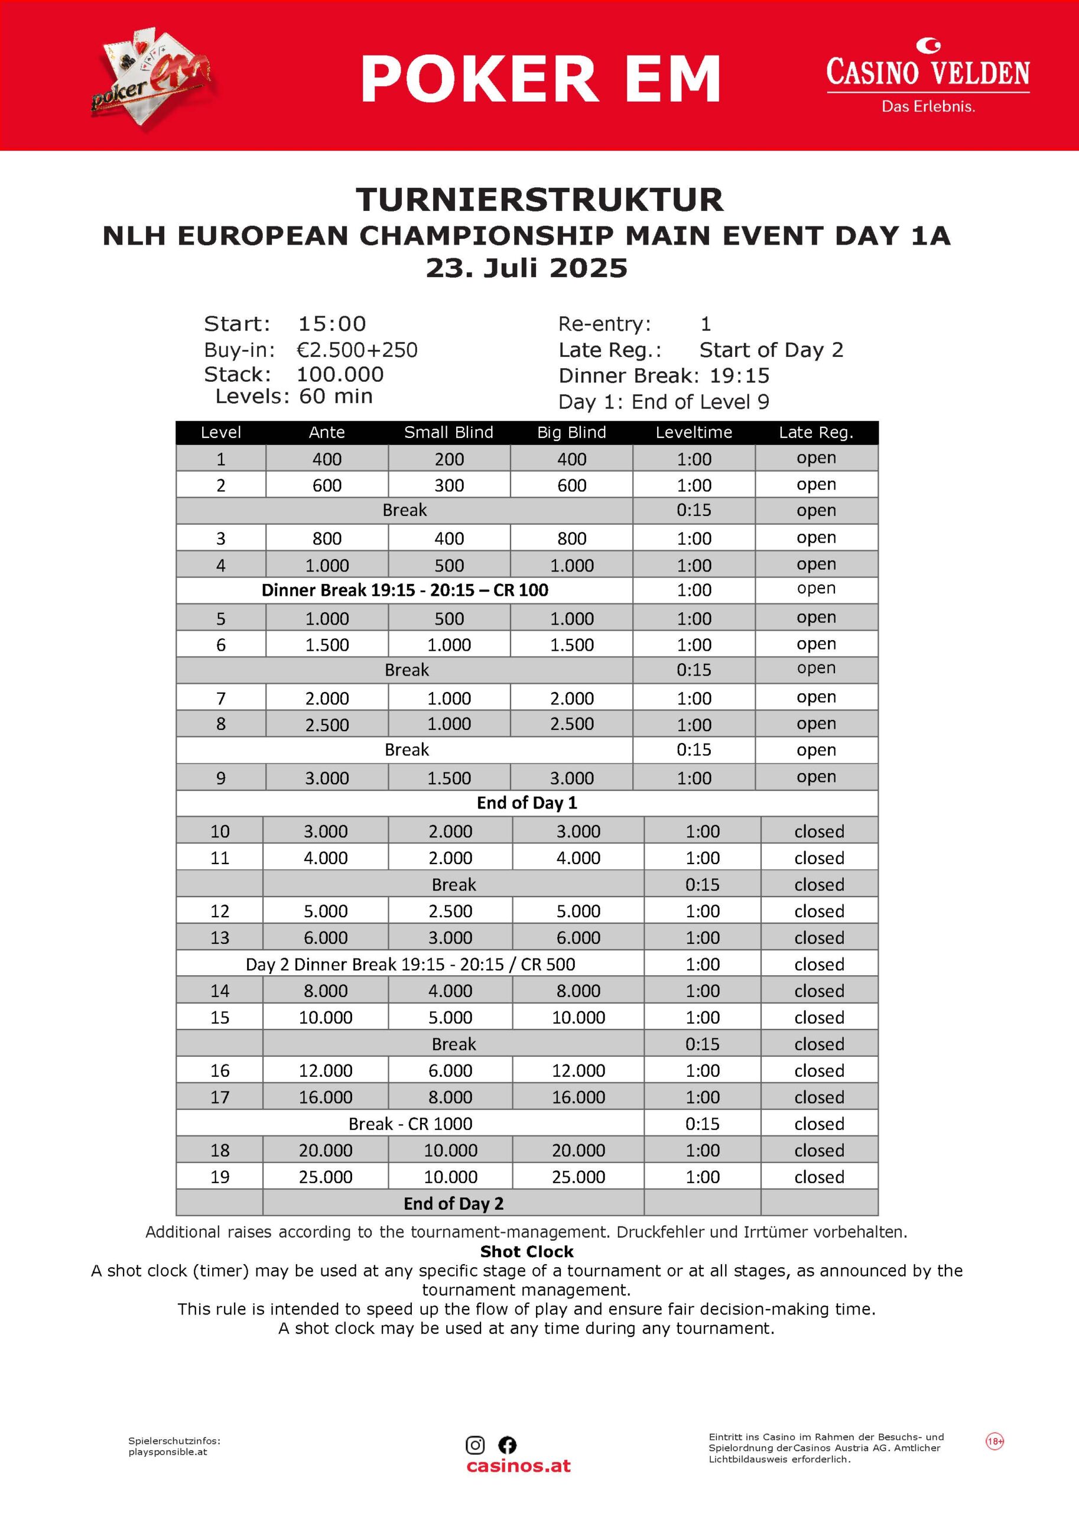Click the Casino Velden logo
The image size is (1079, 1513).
point(928,76)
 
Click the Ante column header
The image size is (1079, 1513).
point(327,433)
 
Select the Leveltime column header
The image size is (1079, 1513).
point(694,433)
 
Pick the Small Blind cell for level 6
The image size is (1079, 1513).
point(449,645)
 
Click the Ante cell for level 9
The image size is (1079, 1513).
point(327,777)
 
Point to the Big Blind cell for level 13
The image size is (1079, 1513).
point(578,937)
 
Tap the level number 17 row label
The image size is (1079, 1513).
point(220,1097)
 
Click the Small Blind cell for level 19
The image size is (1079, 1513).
point(450,1177)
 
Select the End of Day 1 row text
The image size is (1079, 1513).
point(527,803)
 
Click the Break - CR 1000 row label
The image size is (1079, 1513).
point(410,1124)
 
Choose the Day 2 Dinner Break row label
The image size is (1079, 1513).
point(410,964)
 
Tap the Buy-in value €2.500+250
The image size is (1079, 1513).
point(357,349)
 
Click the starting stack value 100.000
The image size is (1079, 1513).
point(340,374)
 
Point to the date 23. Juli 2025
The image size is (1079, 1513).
point(526,268)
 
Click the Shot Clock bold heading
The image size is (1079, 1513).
point(527,1251)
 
